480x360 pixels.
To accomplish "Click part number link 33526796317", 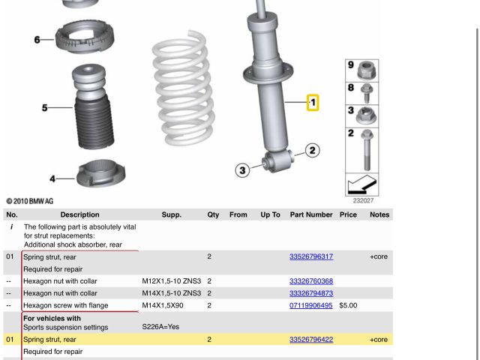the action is coord(311,256).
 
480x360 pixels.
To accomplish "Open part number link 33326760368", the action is coord(311,281).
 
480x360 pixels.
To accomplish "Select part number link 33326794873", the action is coord(311,293).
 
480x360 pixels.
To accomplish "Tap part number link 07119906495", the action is coord(310,305).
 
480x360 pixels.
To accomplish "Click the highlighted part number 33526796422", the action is coord(311,340).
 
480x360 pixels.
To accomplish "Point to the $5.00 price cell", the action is coord(348,305).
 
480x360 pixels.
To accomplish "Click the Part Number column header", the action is coord(311,214).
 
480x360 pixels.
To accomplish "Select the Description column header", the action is coord(80,214).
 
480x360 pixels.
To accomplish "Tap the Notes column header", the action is coord(379,214).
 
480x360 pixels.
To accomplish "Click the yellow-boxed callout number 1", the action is coord(313,103).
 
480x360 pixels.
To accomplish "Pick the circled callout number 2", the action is coord(312,151).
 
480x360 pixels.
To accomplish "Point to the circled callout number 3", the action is coord(242,170).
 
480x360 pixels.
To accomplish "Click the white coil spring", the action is coord(183,88).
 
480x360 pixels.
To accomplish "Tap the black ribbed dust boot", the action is coord(94,122).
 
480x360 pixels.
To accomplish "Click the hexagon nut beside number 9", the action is coord(367,70).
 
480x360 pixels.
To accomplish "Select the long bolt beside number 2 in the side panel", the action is coord(367,150).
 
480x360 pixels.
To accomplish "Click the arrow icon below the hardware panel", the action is coord(361,184).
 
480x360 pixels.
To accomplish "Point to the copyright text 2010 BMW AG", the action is coord(30,201).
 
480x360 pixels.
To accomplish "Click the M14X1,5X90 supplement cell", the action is coord(163,305).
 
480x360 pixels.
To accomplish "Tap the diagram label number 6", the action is coord(37,40).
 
